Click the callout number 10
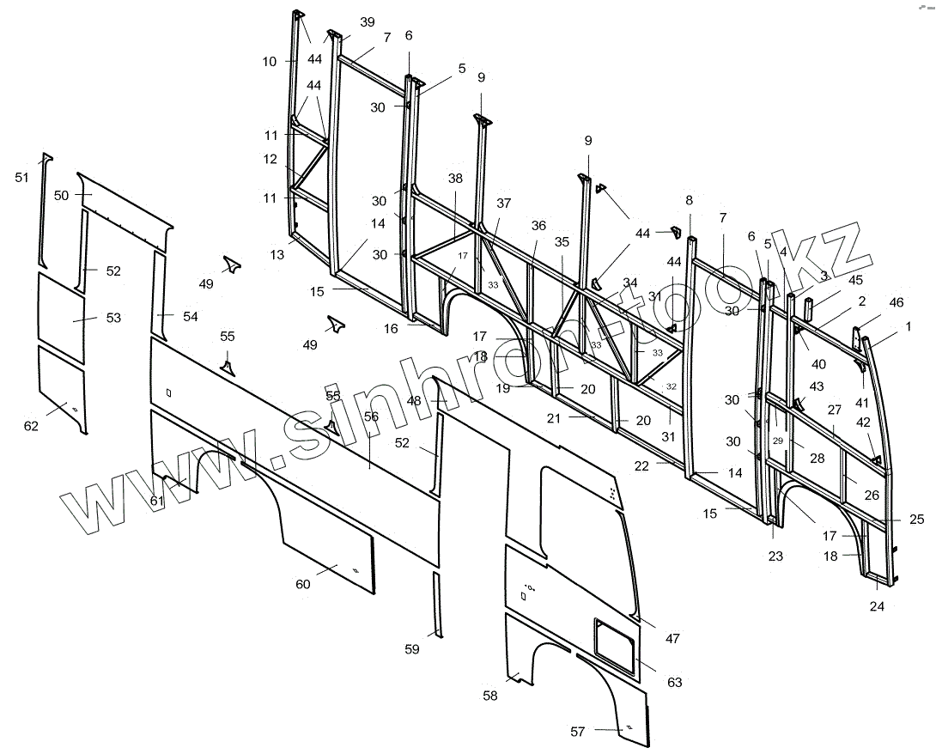(270, 61)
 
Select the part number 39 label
(368, 22)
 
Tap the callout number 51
(21, 177)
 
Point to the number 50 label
(61, 196)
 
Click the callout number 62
(31, 426)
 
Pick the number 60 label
(302, 584)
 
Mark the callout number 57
(578, 732)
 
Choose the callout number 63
(674, 682)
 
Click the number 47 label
(672, 638)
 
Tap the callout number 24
(877, 605)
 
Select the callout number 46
(896, 301)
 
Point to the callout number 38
(454, 179)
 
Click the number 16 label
(391, 329)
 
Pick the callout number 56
(371, 417)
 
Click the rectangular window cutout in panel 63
(614, 640)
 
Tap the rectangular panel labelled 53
(60, 318)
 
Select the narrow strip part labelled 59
(436, 605)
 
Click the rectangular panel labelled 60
(329, 558)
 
